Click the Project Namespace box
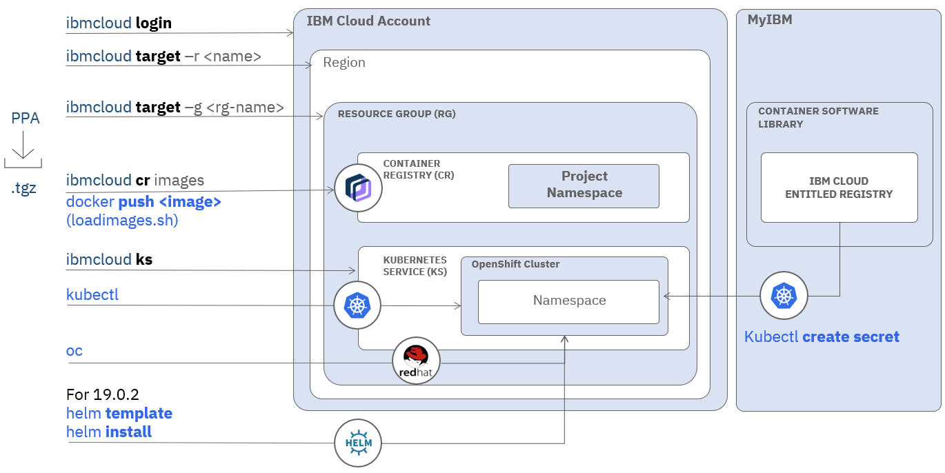[584, 185]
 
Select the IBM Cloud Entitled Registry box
[839, 188]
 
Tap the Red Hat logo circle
[416, 361]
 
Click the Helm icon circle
[358, 443]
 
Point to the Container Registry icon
[358, 188]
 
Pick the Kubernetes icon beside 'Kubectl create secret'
[784, 296]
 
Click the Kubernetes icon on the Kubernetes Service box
[357, 305]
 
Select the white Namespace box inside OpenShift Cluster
[568, 301]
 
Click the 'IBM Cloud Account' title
[368, 21]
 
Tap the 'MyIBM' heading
[770, 20]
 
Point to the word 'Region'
[344, 63]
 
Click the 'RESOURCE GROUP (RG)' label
[397, 114]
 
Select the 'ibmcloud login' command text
[119, 23]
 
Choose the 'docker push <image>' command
[143, 203]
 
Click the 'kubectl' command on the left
[92, 295]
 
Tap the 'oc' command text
[74, 351]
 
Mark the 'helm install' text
[109, 432]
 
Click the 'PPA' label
[26, 119]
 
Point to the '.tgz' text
[23, 188]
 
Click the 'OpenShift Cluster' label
[515, 264]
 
